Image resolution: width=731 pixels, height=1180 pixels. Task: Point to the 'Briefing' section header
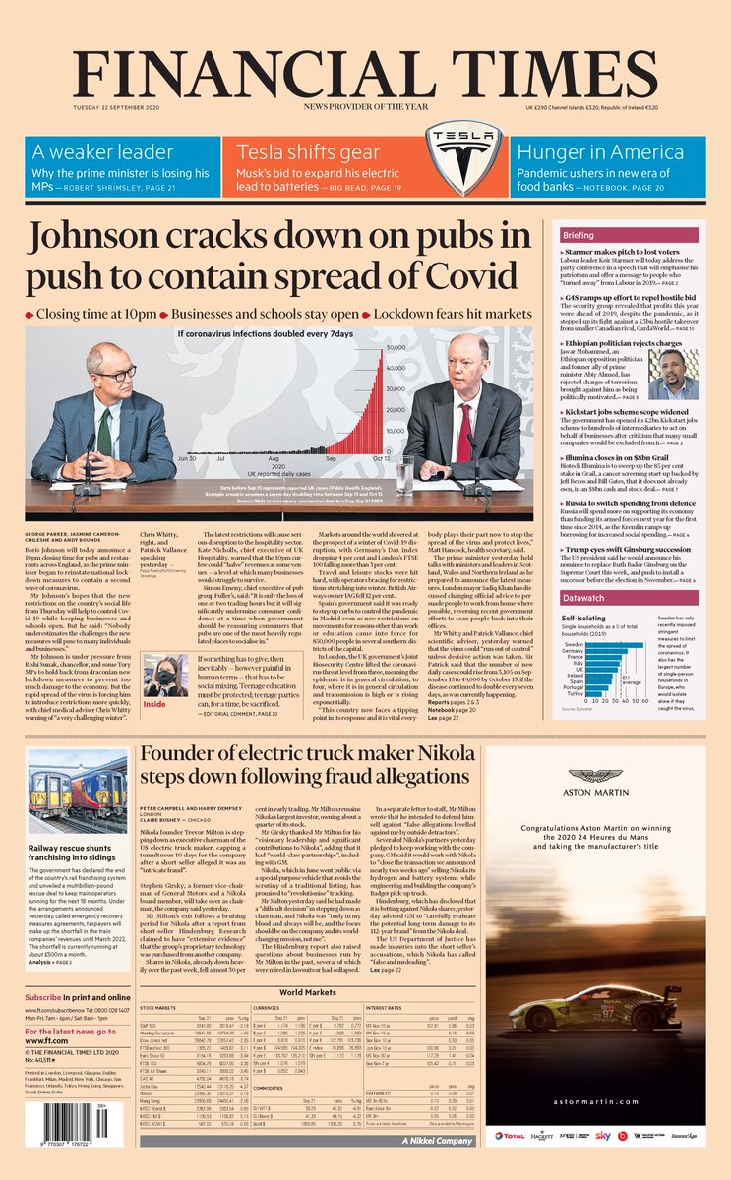[579, 236]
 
